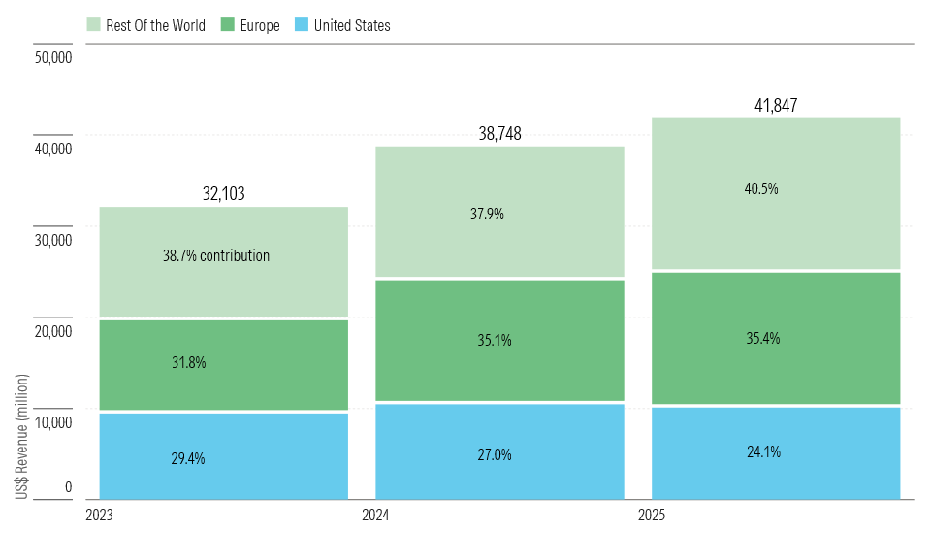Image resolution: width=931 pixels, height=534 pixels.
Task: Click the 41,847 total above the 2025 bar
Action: [776, 105]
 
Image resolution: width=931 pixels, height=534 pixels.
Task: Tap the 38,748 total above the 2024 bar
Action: [500, 133]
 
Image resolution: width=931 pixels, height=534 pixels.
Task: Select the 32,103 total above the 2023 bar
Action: [223, 193]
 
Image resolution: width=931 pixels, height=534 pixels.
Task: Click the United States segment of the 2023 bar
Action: [223, 456]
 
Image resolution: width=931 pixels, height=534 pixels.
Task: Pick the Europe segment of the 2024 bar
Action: [500, 340]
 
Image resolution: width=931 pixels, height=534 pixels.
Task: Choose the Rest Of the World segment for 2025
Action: [776, 194]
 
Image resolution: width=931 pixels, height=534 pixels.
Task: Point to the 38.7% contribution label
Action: [216, 255]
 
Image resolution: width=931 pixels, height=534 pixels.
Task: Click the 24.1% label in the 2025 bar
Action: [763, 451]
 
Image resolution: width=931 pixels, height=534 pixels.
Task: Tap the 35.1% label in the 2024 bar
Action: [495, 340]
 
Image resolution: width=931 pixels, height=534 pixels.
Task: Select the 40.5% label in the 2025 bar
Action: [761, 189]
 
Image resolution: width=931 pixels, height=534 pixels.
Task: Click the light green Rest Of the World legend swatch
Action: [93, 25]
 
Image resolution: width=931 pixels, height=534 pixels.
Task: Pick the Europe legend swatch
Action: [227, 25]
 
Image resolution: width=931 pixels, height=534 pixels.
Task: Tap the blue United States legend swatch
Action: [302, 25]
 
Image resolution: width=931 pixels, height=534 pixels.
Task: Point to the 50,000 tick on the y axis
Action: [53, 57]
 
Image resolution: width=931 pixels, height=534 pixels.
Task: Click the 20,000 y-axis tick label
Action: [53, 331]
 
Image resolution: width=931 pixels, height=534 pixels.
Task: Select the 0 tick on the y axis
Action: [68, 487]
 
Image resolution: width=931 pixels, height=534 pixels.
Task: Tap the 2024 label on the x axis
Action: [376, 515]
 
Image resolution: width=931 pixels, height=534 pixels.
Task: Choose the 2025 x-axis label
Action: [652, 515]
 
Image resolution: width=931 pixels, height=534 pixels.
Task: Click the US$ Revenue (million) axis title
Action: [21, 437]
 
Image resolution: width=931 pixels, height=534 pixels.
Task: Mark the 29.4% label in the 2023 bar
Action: [188, 458]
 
